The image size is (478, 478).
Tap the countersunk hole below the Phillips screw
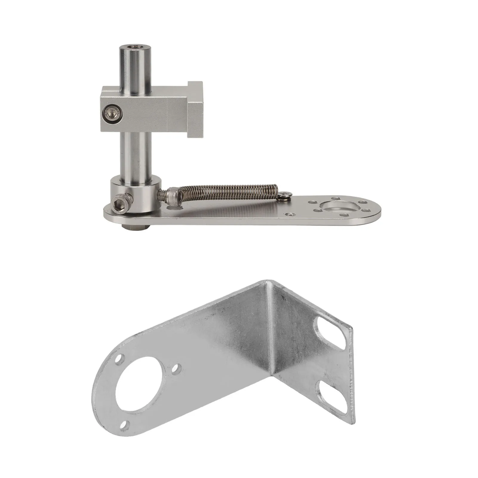(290, 214)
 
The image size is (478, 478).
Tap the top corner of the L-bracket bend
(267, 281)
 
